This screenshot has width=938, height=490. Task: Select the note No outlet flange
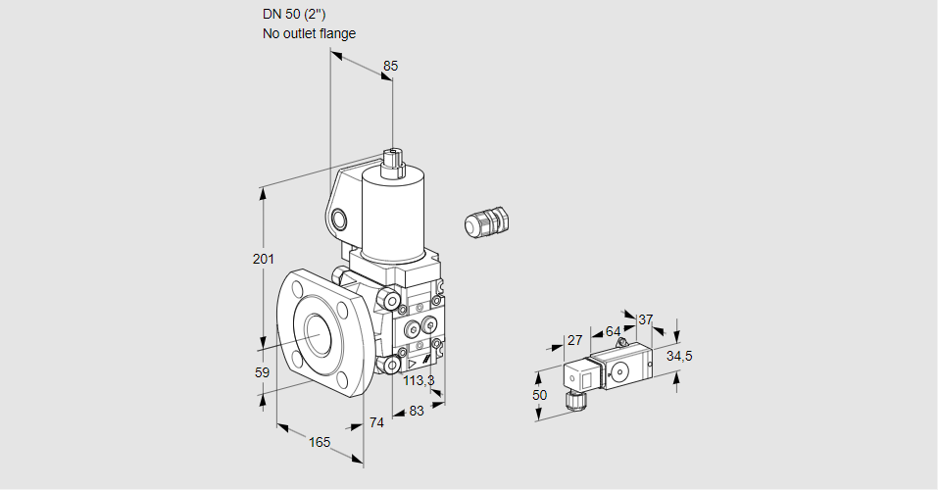point(309,33)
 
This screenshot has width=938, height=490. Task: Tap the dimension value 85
point(390,66)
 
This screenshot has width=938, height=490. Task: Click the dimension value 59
point(262,372)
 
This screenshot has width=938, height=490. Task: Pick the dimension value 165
point(320,442)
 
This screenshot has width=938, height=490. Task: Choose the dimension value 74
point(377,422)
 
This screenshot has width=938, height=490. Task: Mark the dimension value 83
point(416,411)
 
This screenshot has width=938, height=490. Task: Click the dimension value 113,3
point(419,380)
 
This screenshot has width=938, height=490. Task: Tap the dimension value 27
point(574,341)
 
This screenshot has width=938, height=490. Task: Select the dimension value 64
point(613,331)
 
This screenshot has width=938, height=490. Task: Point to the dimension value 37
point(645,319)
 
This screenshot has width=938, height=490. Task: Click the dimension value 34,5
point(679,356)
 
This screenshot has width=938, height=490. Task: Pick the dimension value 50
point(539,395)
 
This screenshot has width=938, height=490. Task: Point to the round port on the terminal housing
point(339,219)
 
